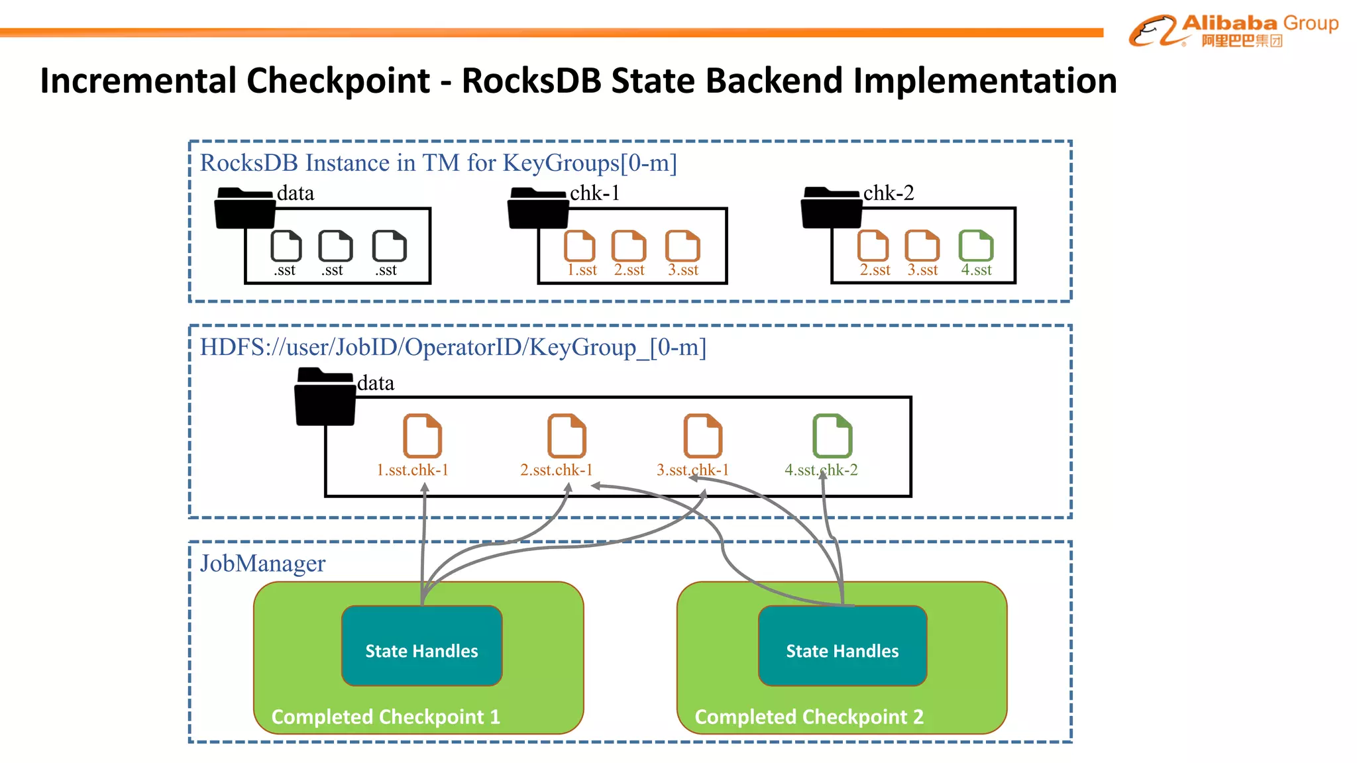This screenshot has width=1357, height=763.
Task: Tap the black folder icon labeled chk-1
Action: (537, 208)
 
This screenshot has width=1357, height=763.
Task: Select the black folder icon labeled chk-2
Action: (831, 208)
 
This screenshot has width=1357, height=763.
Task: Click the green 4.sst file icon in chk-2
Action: (975, 246)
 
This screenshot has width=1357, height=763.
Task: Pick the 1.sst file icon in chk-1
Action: (579, 246)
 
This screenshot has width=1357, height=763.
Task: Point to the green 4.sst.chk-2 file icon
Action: (832, 436)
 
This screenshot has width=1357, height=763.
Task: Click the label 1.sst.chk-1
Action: (412, 470)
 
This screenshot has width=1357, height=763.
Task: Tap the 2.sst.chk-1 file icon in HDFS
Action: (567, 436)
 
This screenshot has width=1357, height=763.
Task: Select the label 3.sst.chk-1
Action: (692, 470)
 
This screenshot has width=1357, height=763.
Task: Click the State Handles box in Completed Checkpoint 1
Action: (421, 646)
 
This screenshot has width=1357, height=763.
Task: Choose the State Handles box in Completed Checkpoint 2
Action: (842, 646)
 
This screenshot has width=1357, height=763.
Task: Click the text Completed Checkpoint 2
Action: (808, 717)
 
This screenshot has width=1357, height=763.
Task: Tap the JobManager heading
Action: (262, 564)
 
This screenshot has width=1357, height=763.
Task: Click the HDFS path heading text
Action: (453, 347)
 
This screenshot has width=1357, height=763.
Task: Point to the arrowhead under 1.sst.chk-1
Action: (425, 488)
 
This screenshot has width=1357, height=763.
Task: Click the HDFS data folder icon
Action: (325, 397)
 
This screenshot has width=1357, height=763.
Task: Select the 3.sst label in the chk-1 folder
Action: (682, 270)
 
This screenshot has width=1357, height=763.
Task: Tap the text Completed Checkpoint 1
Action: (386, 717)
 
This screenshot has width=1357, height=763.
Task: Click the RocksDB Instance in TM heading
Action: (438, 163)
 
